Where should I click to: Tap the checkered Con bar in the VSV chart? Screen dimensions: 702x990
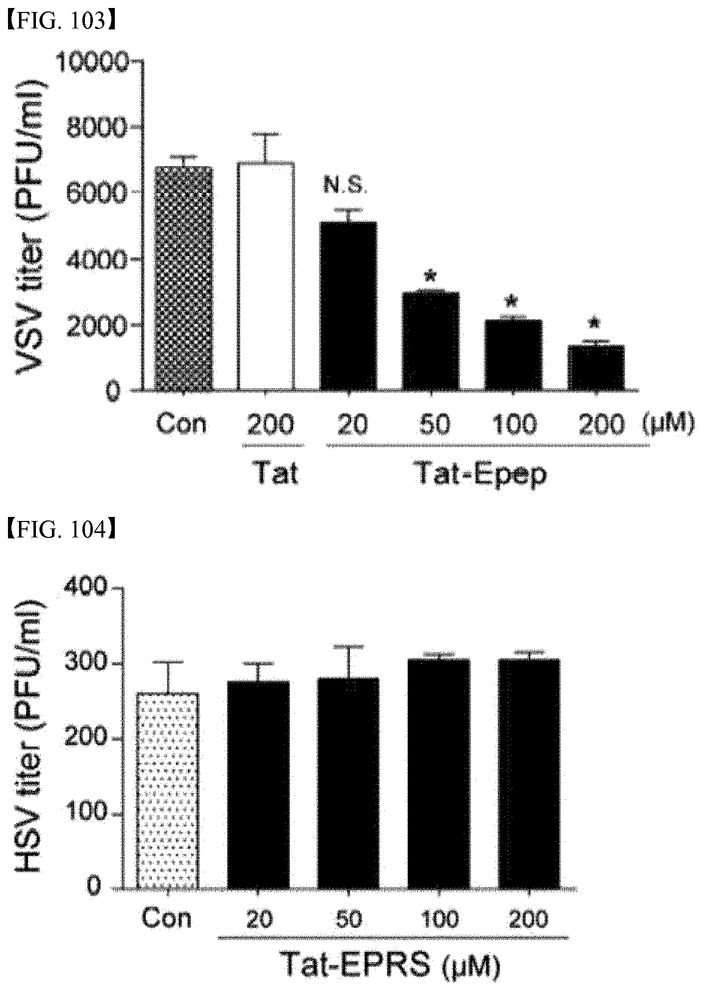click(x=185, y=278)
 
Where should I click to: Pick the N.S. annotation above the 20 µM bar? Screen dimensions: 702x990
click(x=345, y=187)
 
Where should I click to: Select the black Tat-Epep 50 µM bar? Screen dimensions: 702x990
click(x=431, y=341)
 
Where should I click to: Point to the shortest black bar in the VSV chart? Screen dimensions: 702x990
click(x=596, y=367)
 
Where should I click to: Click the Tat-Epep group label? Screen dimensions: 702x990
click(x=482, y=474)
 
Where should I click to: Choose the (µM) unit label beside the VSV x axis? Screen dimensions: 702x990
click(x=666, y=425)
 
